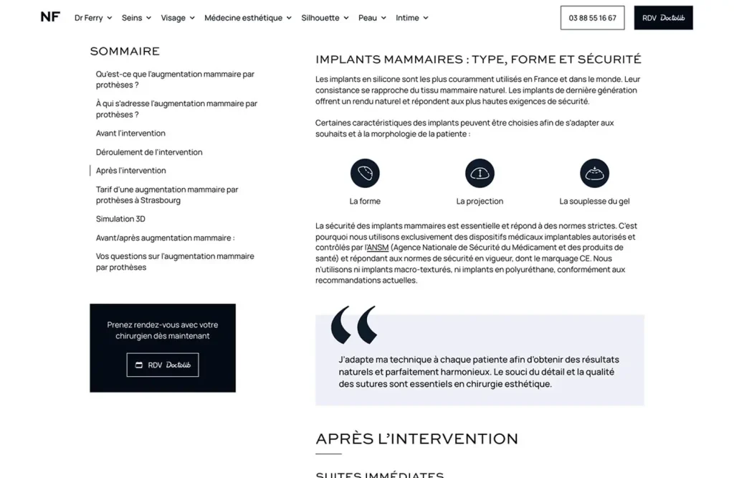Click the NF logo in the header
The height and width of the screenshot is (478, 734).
pyautogui.click(x=50, y=17)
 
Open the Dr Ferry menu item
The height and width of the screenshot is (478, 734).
pyautogui.click(x=92, y=18)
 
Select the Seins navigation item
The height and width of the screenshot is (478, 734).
pyautogui.click(x=136, y=18)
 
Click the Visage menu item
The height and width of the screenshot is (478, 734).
pyautogui.click(x=177, y=18)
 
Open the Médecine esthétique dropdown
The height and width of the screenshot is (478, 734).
pyautogui.click(x=247, y=18)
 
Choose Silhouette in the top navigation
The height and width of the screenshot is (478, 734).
pyautogui.click(x=325, y=18)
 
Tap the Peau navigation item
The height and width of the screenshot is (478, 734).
pyautogui.click(x=372, y=18)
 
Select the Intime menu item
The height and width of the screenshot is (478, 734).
pyautogui.click(x=411, y=18)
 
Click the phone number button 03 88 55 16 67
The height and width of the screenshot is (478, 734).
pyautogui.click(x=592, y=18)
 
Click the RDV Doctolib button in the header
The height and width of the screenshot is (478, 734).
pyautogui.click(x=663, y=18)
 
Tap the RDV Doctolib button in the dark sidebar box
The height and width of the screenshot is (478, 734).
pyautogui.click(x=163, y=365)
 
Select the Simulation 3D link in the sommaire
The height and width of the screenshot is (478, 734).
pyautogui.click(x=120, y=219)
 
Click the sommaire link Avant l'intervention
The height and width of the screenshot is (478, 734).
pyautogui.click(x=130, y=133)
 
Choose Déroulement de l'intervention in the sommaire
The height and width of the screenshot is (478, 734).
pyautogui.click(x=149, y=152)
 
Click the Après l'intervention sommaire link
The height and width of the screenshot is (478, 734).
pyautogui.click(x=131, y=171)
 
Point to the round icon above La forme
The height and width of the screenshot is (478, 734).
pyautogui.click(x=365, y=174)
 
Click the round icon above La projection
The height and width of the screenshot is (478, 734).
pyautogui.click(x=480, y=174)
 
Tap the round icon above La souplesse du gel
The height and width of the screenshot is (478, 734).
pyautogui.click(x=594, y=174)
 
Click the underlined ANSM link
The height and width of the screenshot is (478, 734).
pyautogui.click(x=377, y=248)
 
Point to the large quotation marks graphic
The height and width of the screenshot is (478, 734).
pyautogui.click(x=354, y=325)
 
